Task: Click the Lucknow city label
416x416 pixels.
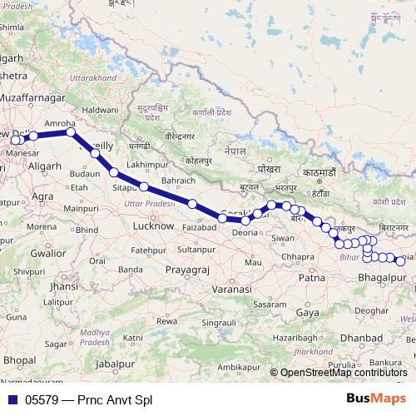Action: point(153,225)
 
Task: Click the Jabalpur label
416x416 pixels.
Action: point(115,364)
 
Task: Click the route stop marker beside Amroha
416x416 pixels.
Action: point(71,131)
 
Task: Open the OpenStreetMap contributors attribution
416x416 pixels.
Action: point(344,373)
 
